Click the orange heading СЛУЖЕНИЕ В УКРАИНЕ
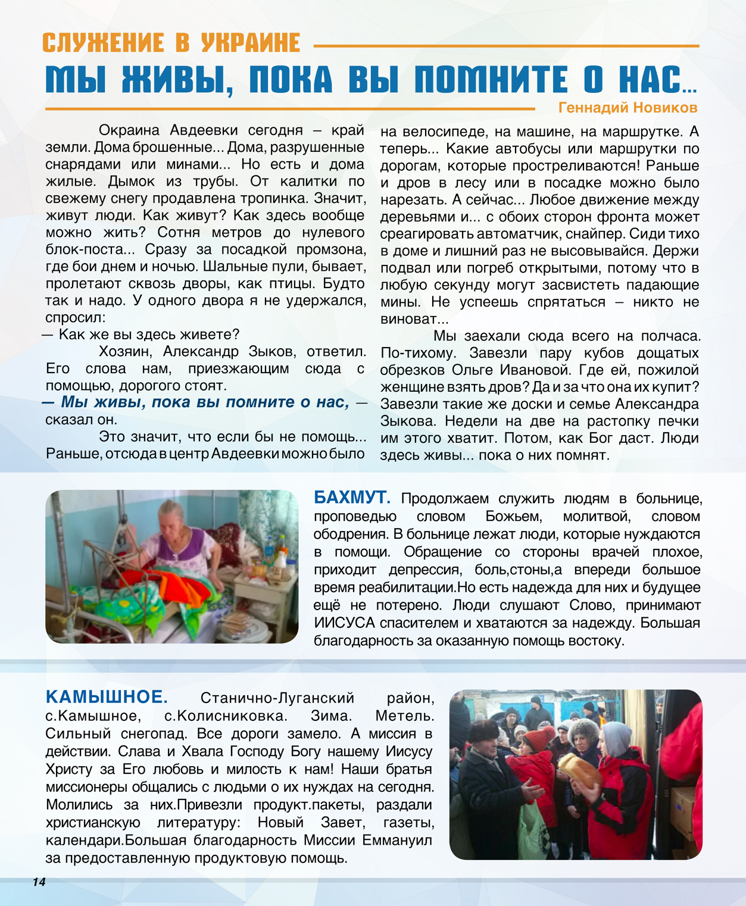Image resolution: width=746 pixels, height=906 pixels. point(171,43)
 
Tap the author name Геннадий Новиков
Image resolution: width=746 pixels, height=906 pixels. point(628,108)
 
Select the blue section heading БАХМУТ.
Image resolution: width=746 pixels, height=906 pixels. point(352,498)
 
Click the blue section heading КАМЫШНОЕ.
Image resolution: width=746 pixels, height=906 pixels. point(107,697)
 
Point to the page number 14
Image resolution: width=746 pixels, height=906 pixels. point(39,882)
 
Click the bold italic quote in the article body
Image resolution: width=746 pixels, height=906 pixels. point(205,402)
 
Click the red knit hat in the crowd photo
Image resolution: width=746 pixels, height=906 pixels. point(539,739)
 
